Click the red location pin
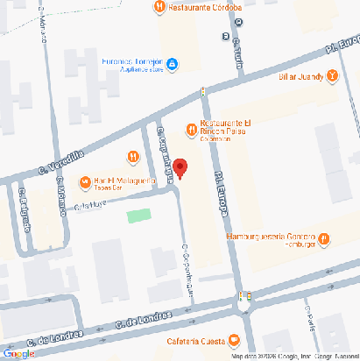point(180,167)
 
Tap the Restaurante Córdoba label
point(202,7)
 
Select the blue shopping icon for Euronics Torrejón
point(173,63)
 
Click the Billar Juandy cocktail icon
point(333,76)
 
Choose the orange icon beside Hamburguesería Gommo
point(323,237)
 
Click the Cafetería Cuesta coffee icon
point(232,341)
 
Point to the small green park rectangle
point(138,215)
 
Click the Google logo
point(18,353)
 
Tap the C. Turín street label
point(238,55)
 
